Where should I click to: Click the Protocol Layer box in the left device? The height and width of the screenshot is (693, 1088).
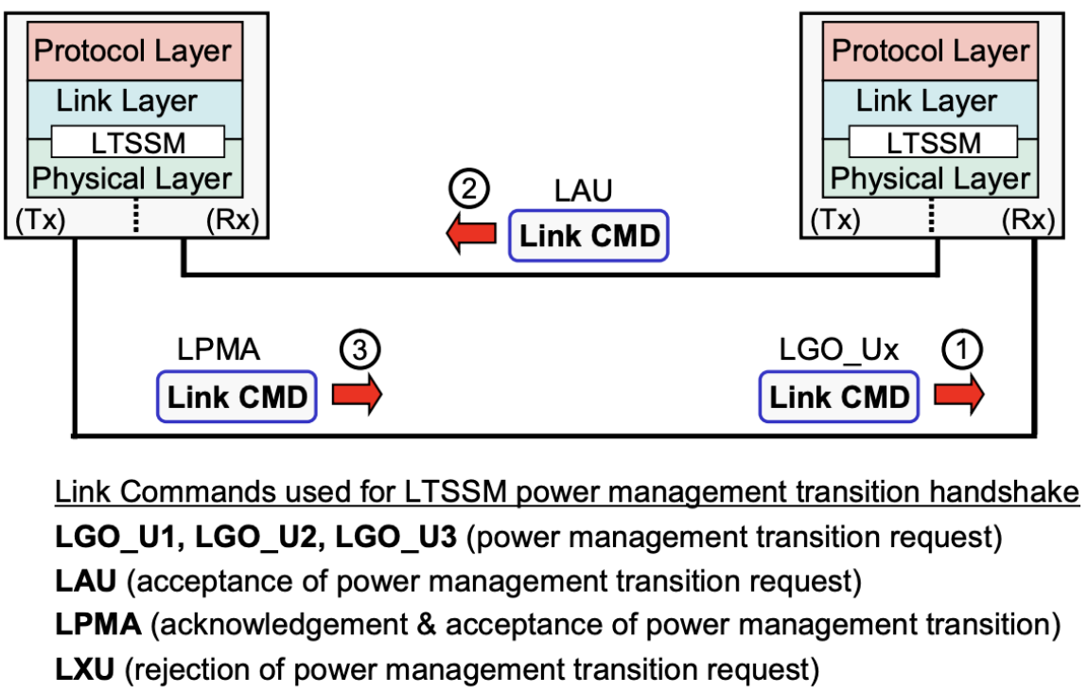pos(132,51)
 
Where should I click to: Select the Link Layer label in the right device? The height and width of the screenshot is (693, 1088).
pos(926,101)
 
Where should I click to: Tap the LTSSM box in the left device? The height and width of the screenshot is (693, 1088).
pos(137,142)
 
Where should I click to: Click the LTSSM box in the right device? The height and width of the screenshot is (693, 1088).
pos(933,142)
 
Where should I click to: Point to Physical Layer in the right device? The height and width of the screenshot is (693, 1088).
pos(930,179)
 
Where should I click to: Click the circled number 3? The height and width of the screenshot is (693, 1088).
pos(360,352)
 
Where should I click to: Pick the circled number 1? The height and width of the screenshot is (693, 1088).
pos(962,352)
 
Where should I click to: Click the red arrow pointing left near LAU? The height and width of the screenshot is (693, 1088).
pos(470,236)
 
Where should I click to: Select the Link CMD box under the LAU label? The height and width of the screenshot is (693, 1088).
pos(588,236)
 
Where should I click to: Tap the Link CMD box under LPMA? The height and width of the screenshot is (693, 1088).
pos(237,397)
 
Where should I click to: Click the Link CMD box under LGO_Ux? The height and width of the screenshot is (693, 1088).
pos(839,397)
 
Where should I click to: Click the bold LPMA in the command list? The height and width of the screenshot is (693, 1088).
pos(97,626)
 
